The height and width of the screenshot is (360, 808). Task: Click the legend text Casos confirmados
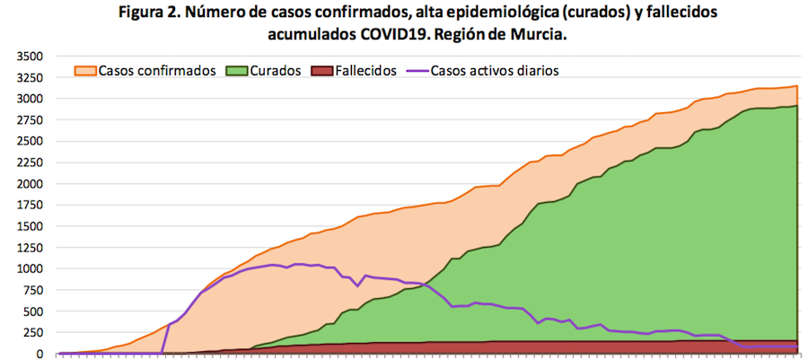tap(156, 70)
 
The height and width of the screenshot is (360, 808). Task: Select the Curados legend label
tap(276, 70)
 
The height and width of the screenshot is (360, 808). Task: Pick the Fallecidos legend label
tap(365, 70)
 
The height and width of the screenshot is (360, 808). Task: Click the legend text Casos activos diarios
tap(496, 70)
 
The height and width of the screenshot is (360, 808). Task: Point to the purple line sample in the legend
tap(416, 70)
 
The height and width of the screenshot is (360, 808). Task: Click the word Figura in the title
tap(142, 14)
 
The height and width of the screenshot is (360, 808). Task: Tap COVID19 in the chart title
tap(391, 35)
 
